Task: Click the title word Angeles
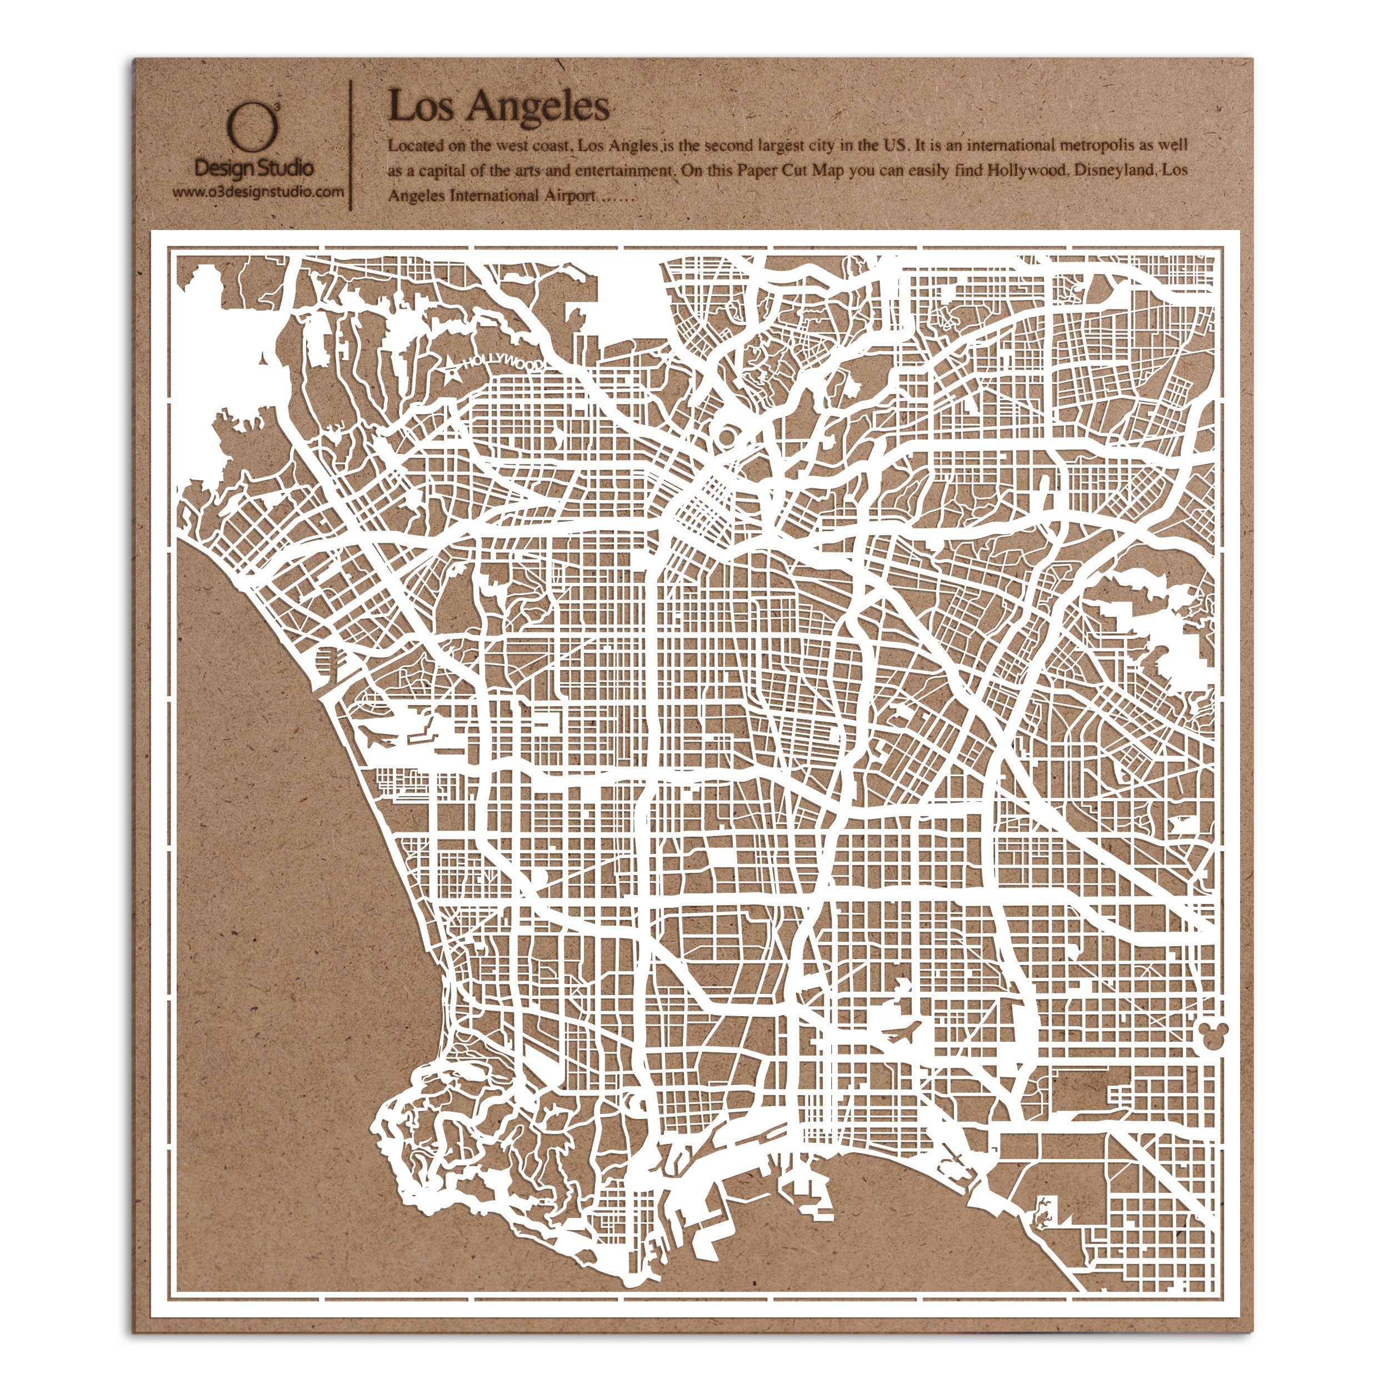click(538, 108)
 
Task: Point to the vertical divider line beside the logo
click(351, 144)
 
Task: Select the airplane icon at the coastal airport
click(379, 737)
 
